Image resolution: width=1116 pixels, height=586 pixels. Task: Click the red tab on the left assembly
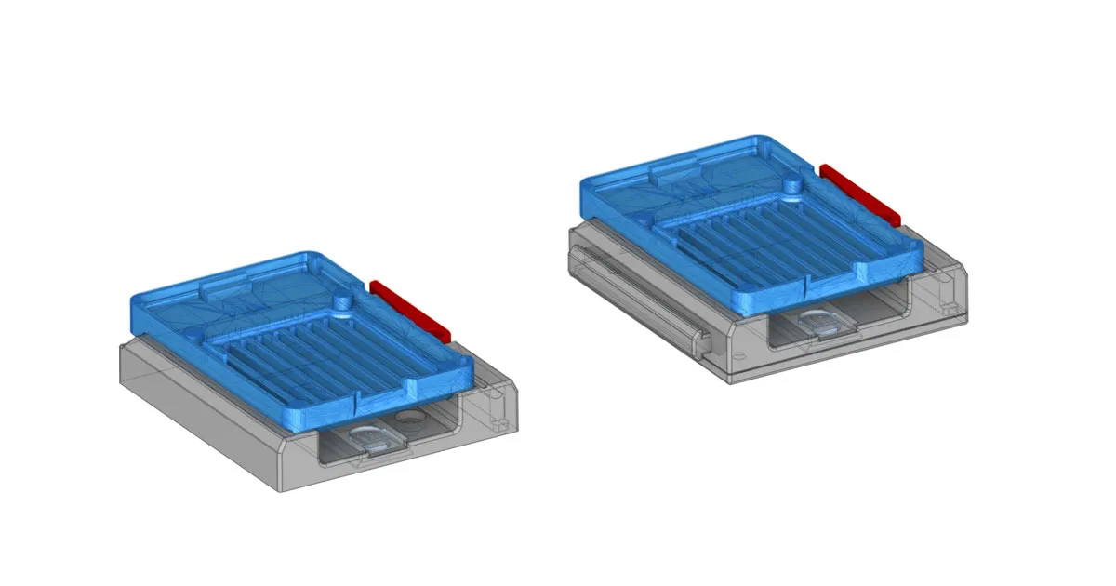tap(409, 309)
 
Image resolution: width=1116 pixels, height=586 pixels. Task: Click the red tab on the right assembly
tap(861, 194)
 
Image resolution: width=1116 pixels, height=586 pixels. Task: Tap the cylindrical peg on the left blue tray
tap(343, 302)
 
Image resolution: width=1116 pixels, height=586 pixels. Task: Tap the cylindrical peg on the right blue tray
tap(791, 185)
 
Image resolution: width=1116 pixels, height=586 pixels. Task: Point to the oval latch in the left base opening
tap(369, 439)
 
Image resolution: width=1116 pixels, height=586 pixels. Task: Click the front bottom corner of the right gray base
tap(730, 380)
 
